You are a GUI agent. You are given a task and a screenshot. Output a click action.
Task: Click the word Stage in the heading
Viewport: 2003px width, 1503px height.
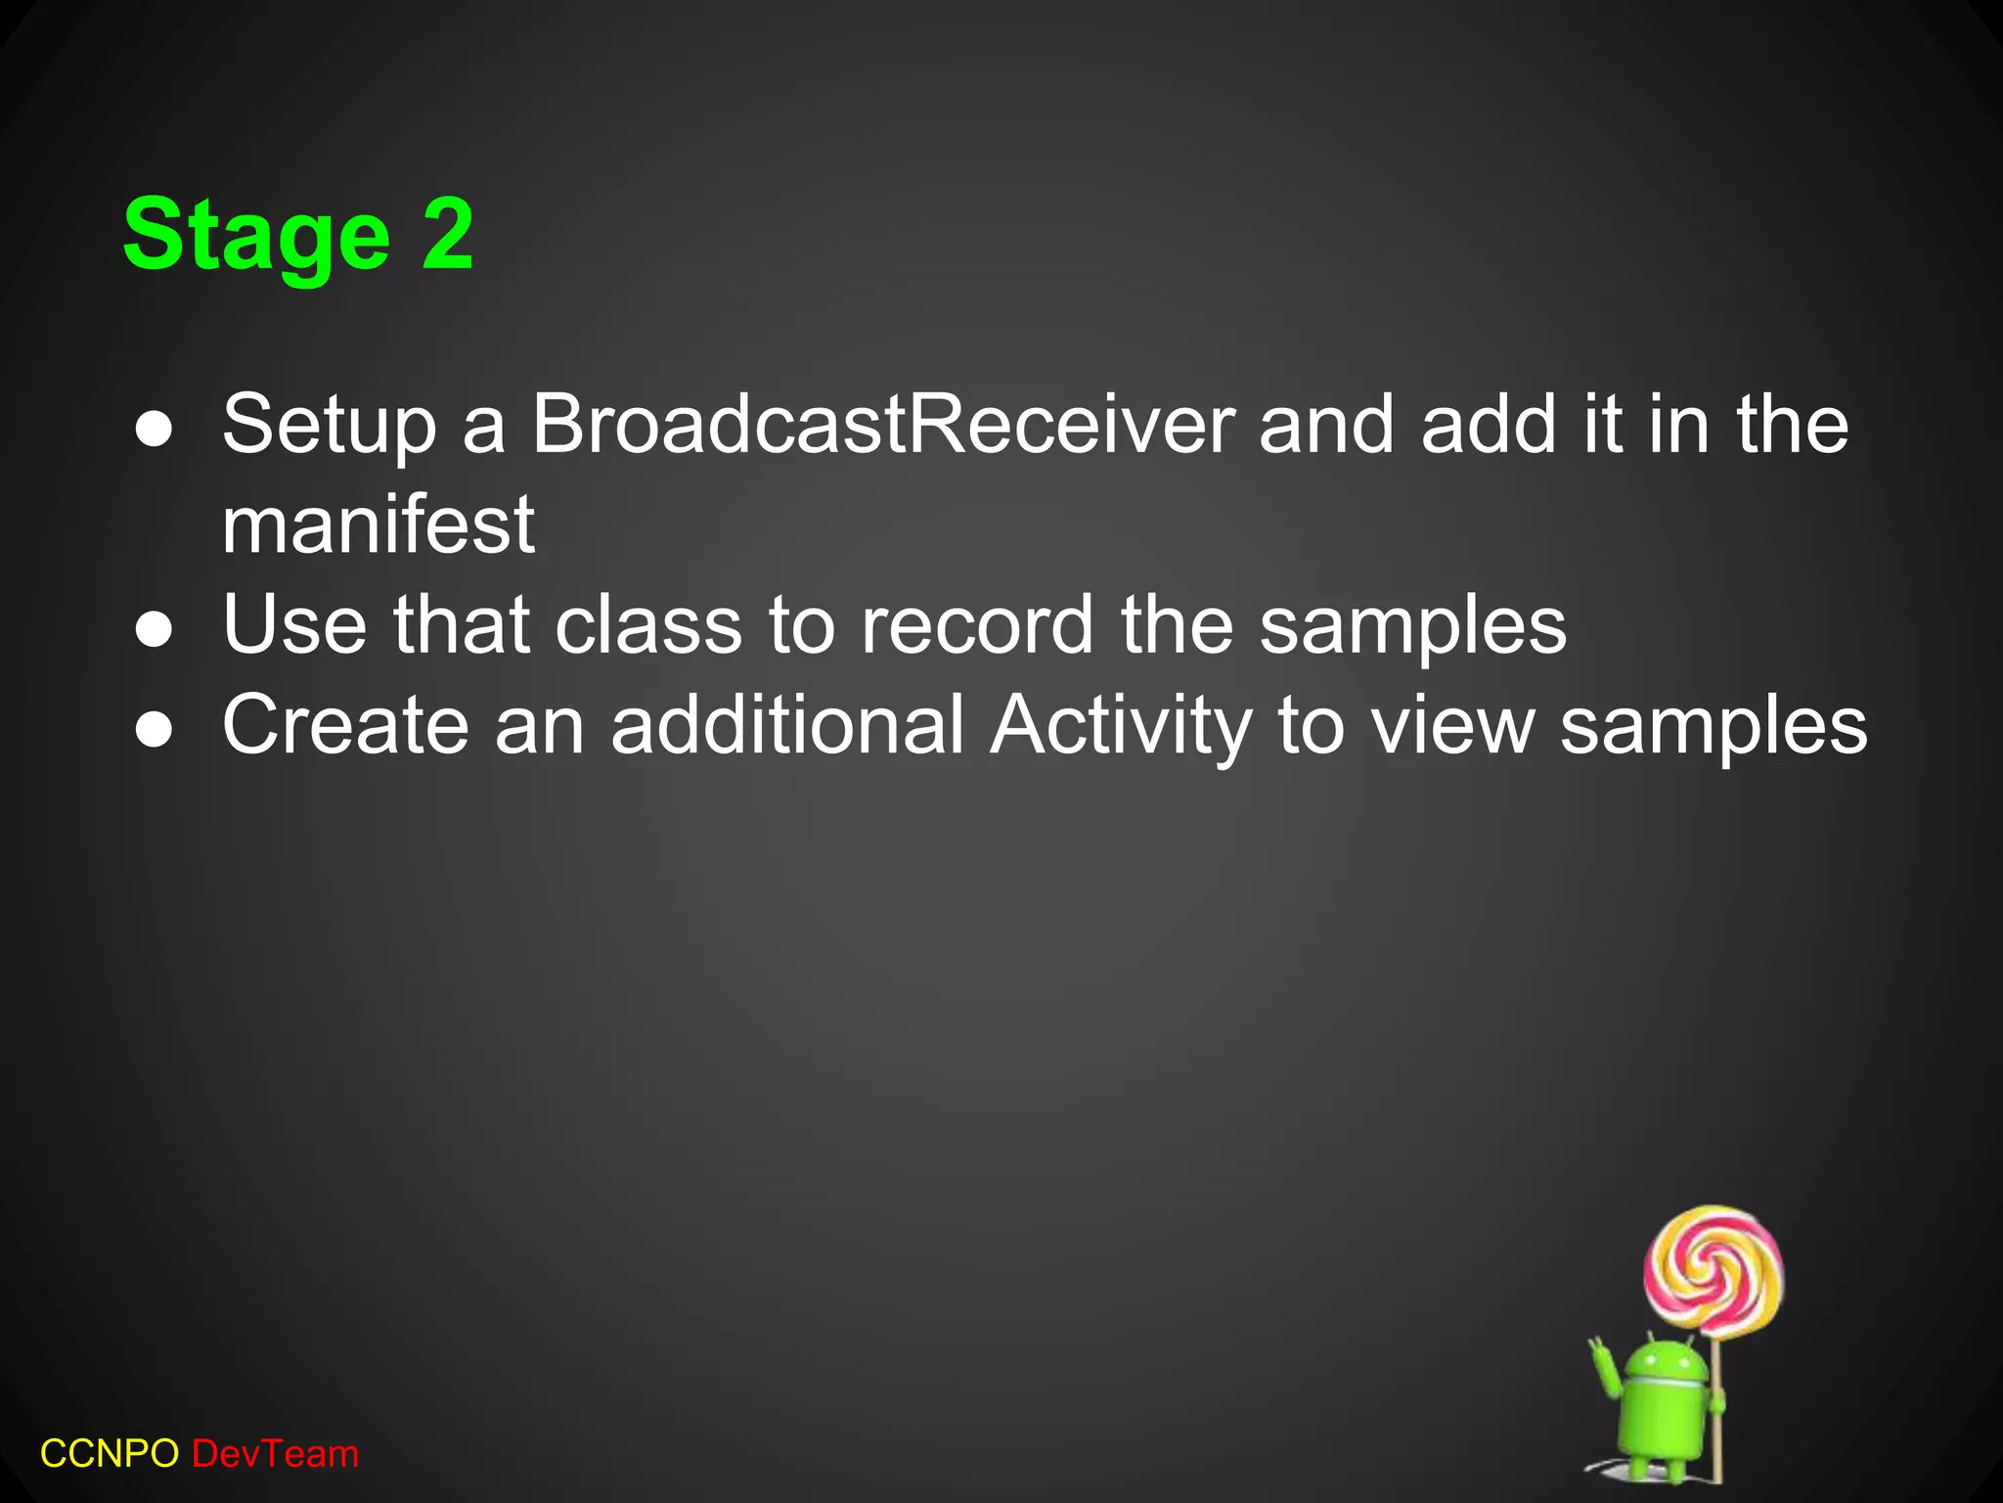click(256, 235)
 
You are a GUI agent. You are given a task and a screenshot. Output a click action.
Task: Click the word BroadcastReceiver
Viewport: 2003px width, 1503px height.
click(883, 424)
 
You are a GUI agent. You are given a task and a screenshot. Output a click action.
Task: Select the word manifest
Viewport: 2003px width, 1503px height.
click(378, 524)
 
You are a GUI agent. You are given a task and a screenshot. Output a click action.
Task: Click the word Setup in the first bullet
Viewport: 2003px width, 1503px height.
click(329, 426)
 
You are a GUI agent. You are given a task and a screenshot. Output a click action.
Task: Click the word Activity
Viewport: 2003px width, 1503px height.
click(1121, 726)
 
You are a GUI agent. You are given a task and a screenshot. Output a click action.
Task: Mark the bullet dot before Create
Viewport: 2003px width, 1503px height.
click(155, 730)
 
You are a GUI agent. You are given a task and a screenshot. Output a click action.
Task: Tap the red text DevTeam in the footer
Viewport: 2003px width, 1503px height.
click(276, 1454)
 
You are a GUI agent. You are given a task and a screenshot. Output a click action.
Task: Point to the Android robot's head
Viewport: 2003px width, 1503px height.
click(1660, 1358)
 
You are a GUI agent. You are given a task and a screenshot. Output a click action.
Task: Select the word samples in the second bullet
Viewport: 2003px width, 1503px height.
click(1412, 626)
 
